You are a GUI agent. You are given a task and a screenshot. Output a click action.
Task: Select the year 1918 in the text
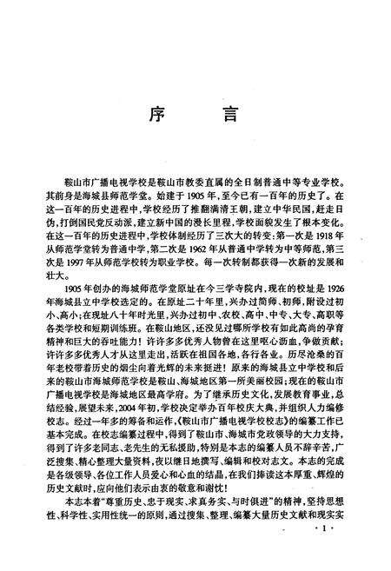329,234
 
